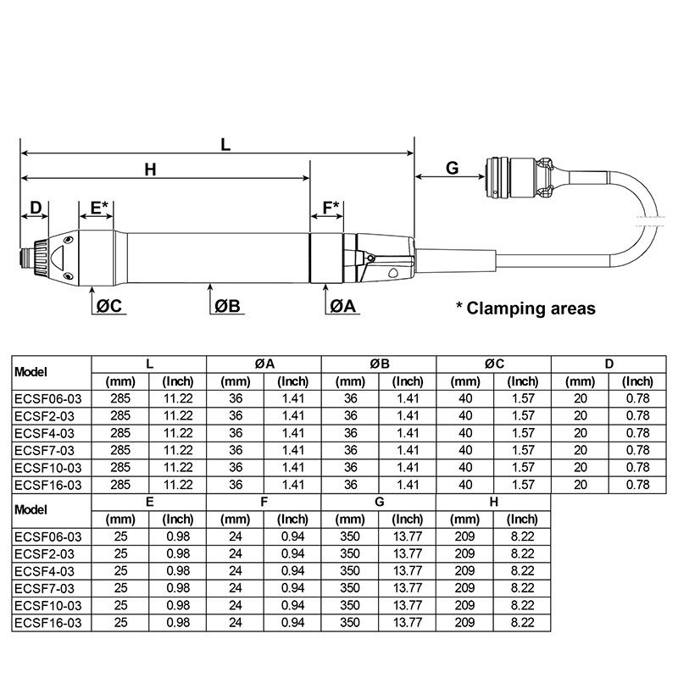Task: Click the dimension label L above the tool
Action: (x=225, y=144)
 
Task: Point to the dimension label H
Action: (x=150, y=169)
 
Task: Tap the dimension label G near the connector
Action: (x=452, y=168)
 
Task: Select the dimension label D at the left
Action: (x=36, y=207)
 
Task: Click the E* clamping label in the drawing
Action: (x=99, y=207)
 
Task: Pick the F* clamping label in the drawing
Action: (x=330, y=207)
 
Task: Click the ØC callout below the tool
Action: (x=110, y=306)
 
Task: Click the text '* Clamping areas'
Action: (x=525, y=308)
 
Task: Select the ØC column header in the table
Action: (x=494, y=364)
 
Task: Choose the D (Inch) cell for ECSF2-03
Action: (x=638, y=415)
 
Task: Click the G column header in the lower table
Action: (x=379, y=502)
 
